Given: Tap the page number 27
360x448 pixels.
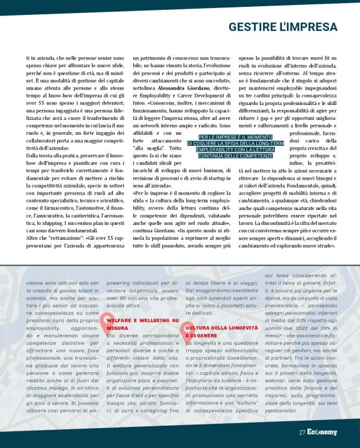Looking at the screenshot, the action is point(302,432).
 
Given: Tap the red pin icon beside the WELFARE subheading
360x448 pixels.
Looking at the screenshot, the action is point(102,321).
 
